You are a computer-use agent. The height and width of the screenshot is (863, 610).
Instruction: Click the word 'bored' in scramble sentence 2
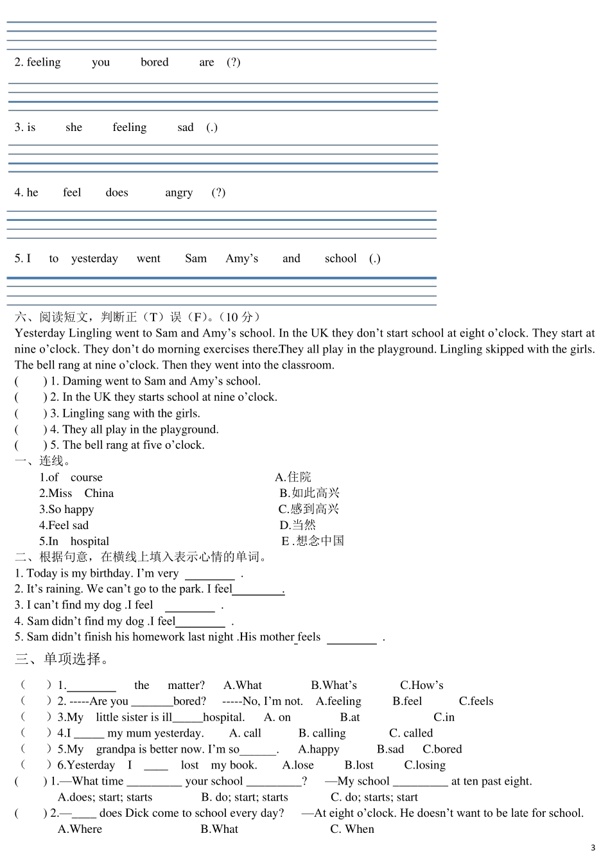[154, 62]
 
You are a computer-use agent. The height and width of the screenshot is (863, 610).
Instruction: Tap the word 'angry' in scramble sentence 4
[179, 193]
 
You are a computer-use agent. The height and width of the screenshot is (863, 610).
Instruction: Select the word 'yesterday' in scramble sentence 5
[94, 259]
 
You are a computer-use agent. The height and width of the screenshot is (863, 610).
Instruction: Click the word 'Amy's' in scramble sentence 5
[241, 259]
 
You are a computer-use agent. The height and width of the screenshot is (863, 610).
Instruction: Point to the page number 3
[593, 848]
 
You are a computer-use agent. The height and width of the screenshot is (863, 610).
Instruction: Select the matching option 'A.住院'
[293, 477]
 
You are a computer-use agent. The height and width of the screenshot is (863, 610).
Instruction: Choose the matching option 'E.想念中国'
[313, 541]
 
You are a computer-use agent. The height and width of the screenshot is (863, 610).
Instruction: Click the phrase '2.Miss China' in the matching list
[76, 493]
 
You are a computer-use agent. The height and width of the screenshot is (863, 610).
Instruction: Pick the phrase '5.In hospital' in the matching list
[74, 541]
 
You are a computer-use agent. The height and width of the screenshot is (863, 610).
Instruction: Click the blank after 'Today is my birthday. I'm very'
[210, 574]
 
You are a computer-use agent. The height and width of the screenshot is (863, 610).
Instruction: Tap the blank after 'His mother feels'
[351, 638]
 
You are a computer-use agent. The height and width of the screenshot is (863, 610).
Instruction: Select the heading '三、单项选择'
[62, 659]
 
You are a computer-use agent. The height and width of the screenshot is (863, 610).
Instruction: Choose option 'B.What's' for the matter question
[334, 685]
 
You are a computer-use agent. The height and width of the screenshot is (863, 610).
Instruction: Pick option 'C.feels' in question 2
[476, 701]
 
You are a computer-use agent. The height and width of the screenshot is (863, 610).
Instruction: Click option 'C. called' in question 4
[411, 733]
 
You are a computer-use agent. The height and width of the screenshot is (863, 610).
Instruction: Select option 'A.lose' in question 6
[298, 765]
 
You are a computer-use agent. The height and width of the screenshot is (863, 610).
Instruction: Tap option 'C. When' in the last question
[352, 829]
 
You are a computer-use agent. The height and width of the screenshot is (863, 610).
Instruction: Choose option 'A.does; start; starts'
[105, 798]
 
